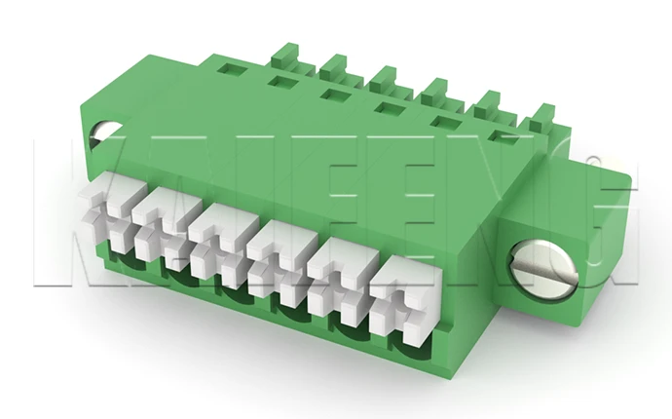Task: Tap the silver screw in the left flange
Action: pyautogui.click(x=101, y=135)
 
